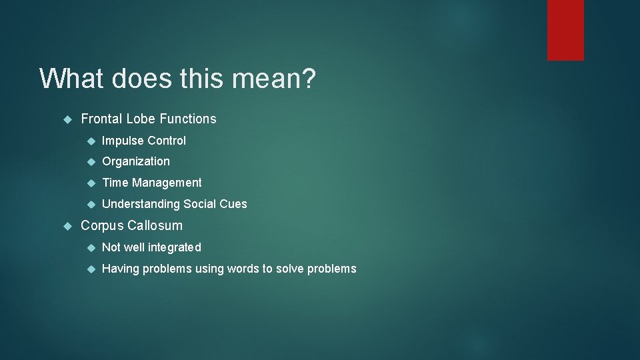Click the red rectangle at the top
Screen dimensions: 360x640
click(565, 30)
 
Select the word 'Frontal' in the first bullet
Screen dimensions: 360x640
click(101, 119)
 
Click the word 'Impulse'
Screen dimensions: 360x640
click(123, 141)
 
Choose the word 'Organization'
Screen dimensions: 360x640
click(136, 161)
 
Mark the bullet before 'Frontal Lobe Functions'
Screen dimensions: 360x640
click(67, 119)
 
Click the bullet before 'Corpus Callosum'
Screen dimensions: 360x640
click(67, 226)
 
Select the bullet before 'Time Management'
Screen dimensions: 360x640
click(91, 183)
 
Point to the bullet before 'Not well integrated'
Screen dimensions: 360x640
click(91, 248)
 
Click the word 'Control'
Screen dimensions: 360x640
click(167, 141)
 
